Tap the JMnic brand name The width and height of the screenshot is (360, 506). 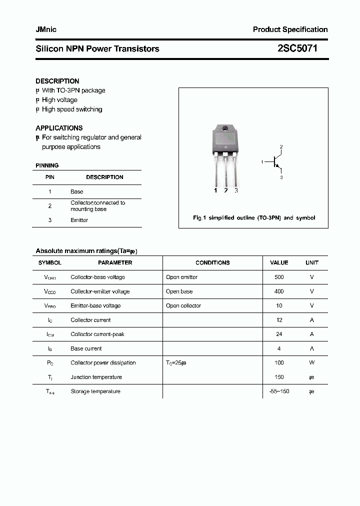[46, 29]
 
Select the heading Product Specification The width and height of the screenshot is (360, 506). [290, 29]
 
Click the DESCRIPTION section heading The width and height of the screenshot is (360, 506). [57, 81]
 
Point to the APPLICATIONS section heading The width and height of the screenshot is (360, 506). [59, 128]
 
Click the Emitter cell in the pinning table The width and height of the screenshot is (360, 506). [79, 220]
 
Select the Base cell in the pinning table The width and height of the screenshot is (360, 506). [77, 191]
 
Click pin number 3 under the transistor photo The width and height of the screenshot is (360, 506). [236, 190]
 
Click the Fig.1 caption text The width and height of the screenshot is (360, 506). [254, 218]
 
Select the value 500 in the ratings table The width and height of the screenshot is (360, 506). [279, 277]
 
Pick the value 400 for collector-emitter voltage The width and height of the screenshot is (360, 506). [279, 291]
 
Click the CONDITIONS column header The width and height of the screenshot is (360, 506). [212, 262]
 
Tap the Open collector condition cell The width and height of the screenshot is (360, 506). [183, 305]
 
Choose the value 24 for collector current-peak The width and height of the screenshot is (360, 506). [279, 334]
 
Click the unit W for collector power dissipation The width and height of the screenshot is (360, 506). [312, 363]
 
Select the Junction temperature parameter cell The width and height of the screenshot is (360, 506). [96, 377]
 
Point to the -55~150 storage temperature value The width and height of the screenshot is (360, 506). [279, 391]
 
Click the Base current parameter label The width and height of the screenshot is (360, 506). [86, 348]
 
